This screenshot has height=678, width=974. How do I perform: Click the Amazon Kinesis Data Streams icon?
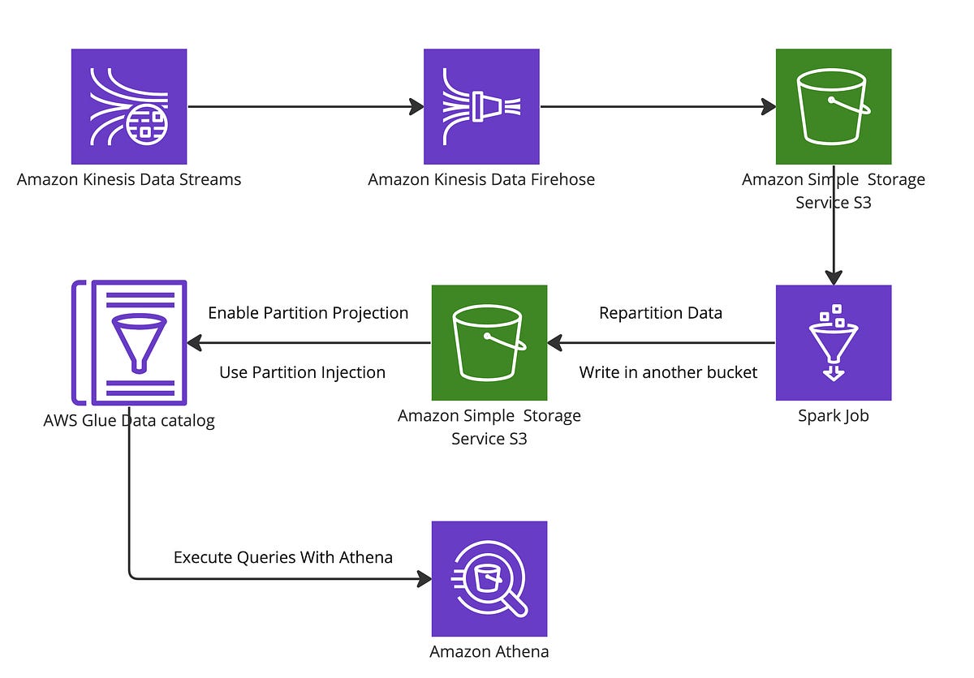pyautogui.click(x=129, y=106)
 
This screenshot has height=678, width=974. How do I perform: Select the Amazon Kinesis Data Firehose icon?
pyautogui.click(x=481, y=106)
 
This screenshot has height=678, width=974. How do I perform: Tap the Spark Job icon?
pyautogui.click(x=834, y=342)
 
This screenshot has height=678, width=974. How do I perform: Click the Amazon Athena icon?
pyautogui.click(x=489, y=578)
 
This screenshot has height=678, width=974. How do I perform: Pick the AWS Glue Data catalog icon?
pyautogui.click(x=130, y=342)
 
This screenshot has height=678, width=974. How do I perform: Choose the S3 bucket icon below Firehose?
pyautogui.click(x=489, y=342)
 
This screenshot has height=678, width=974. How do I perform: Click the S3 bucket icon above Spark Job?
pyautogui.click(x=834, y=106)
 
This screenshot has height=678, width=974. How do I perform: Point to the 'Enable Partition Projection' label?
pyautogui.click(x=308, y=313)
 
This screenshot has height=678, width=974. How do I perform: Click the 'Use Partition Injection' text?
pyautogui.click(x=302, y=372)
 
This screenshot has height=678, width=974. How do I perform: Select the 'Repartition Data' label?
pyautogui.click(x=660, y=313)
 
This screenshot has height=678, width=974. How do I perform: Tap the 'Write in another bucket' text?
pyautogui.click(x=668, y=372)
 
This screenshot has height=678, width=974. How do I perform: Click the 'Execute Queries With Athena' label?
pyautogui.click(x=283, y=557)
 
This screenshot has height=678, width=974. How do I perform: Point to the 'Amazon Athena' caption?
pyautogui.click(x=489, y=651)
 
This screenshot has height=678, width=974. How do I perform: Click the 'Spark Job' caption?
pyautogui.click(x=834, y=416)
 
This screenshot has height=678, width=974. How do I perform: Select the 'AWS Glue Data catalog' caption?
pyautogui.click(x=129, y=421)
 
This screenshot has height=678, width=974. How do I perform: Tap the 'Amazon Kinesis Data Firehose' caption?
pyautogui.click(x=481, y=179)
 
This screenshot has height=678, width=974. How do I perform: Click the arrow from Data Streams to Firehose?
pyautogui.click(x=304, y=106)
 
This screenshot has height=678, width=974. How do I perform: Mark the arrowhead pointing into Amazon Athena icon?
pyautogui.click(x=424, y=578)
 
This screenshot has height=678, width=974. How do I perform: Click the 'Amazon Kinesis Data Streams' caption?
pyautogui.click(x=129, y=179)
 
